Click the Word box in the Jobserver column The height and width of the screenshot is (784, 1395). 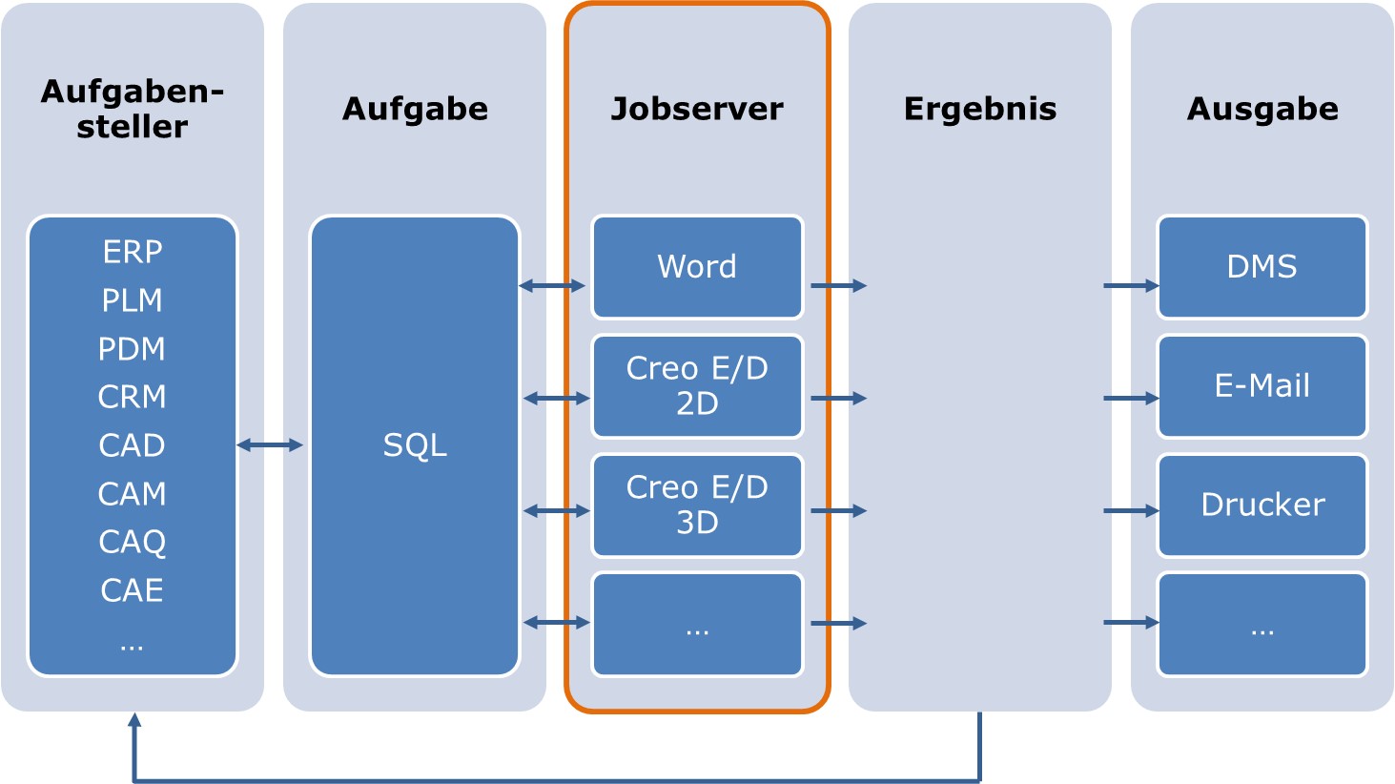(x=697, y=267)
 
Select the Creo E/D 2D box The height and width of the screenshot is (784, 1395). (x=697, y=386)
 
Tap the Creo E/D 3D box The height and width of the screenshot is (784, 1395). (x=697, y=505)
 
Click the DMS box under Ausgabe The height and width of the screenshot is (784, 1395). (x=1262, y=267)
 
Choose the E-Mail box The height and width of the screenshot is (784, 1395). (x=1262, y=386)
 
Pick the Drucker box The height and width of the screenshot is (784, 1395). (x=1262, y=505)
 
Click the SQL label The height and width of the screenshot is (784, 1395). (x=415, y=445)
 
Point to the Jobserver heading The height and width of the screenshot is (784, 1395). (x=697, y=109)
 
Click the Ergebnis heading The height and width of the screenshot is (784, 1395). (x=979, y=109)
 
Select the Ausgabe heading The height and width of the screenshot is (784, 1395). (x=1262, y=109)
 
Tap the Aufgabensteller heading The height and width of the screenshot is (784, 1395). (x=133, y=109)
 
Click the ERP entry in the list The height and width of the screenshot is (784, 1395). (x=133, y=252)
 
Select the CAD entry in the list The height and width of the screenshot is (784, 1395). (x=133, y=445)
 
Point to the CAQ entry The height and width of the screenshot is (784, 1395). (x=133, y=542)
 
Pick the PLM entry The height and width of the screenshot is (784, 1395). (x=133, y=300)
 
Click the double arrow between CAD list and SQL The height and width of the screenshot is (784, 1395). (x=270, y=445)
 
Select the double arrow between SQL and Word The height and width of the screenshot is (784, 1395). (x=552, y=285)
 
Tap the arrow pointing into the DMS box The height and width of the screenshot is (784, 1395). (x=1131, y=285)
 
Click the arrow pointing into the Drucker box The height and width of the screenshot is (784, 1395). (x=1131, y=511)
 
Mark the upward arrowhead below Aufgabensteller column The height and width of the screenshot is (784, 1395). (x=134, y=719)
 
